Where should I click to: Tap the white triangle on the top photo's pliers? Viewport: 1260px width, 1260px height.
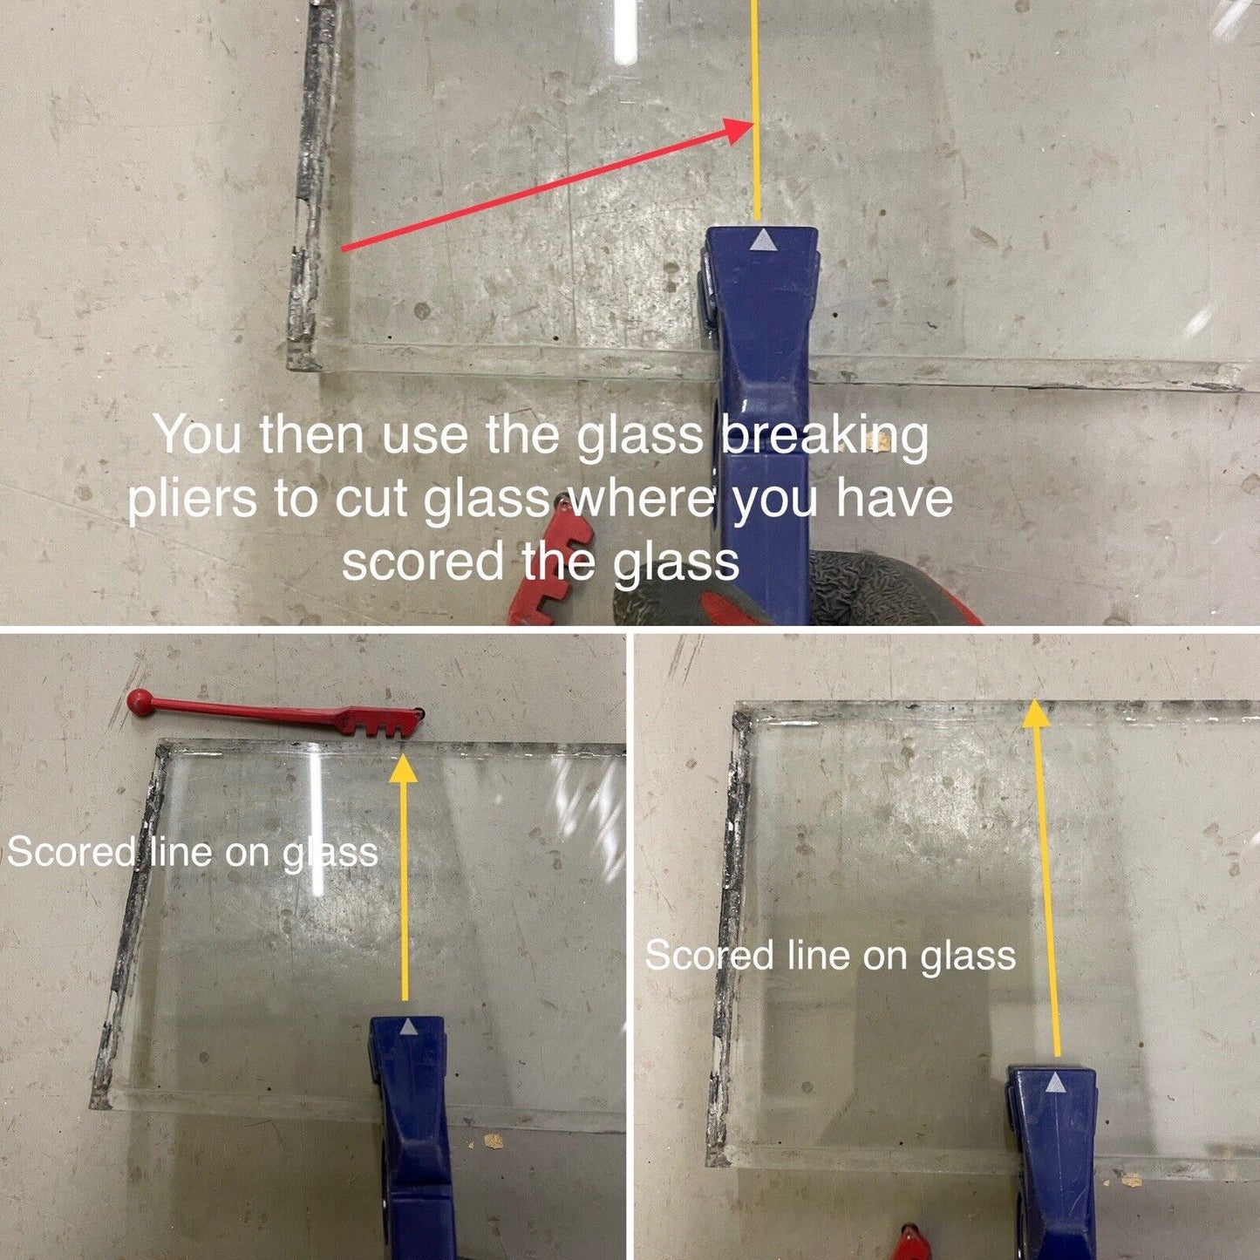coord(761,240)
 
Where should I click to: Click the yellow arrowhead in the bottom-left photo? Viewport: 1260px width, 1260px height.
coord(404,767)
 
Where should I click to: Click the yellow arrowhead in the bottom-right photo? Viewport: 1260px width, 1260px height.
coord(1036,712)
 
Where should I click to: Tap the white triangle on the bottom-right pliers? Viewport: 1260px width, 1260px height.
coord(1055,1086)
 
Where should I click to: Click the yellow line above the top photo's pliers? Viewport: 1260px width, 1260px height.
coord(757,110)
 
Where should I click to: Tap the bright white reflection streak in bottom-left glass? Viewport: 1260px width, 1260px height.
coord(317,824)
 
